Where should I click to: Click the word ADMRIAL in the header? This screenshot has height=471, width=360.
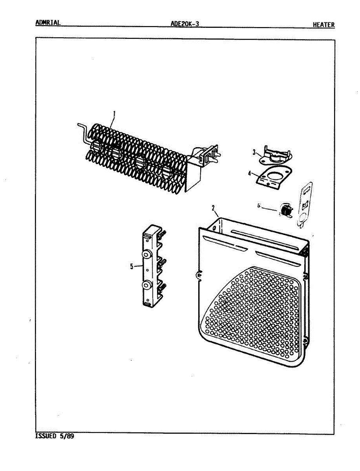[48, 22]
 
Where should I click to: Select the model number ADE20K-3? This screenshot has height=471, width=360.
[185, 24]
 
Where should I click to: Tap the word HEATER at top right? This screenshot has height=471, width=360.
[323, 25]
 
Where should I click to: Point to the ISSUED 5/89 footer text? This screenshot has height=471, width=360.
[55, 436]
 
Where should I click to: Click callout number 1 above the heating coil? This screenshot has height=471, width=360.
[114, 114]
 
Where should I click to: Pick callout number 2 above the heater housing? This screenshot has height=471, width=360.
[213, 208]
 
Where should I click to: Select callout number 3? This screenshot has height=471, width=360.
[254, 152]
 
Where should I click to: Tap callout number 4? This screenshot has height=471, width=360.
[249, 172]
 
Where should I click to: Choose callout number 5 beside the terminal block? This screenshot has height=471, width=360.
[132, 267]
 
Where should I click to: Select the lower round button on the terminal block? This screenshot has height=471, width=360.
[147, 285]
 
